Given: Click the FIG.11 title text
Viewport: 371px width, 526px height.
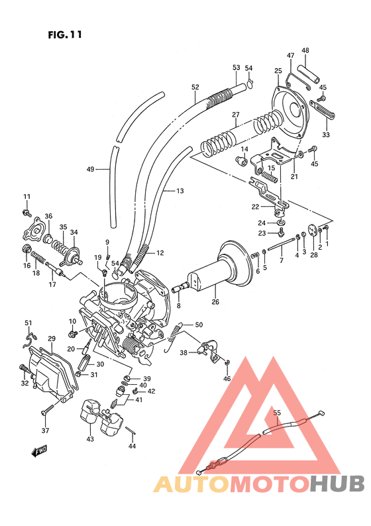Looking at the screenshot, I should pos(65,34).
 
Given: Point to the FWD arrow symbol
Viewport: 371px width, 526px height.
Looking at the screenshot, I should pos(38,452).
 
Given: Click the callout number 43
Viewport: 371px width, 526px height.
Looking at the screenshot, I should pos(90,439).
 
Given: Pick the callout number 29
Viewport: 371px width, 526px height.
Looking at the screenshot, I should pos(51,339).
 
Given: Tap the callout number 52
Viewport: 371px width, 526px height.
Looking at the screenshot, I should pos(195,87).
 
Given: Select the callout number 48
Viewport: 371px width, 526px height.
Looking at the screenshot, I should pos(305,51).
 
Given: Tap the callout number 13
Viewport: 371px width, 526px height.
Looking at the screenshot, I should pos(180,191).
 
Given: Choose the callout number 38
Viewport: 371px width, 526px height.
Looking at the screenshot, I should pos(184,352).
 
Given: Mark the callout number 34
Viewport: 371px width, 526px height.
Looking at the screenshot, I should pos(74,233).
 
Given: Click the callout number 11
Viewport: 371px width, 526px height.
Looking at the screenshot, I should pos(27,197).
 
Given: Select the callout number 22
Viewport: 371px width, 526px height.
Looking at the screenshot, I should pos(255,207).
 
